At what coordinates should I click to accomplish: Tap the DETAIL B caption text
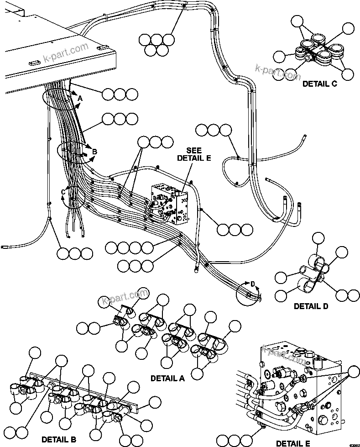pyautogui.click(x=58, y=440)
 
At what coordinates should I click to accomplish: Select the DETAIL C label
pyautogui.click(x=319, y=83)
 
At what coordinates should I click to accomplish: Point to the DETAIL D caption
pyautogui.click(x=311, y=306)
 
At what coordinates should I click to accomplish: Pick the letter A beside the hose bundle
pyautogui.click(x=80, y=98)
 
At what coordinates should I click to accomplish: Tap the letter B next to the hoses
pyautogui.click(x=94, y=152)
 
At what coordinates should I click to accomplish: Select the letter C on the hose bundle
pyautogui.click(x=63, y=192)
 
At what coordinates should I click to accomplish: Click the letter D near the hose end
pyautogui.click(x=253, y=284)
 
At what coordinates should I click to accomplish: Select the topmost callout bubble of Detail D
pyautogui.click(x=318, y=238)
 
